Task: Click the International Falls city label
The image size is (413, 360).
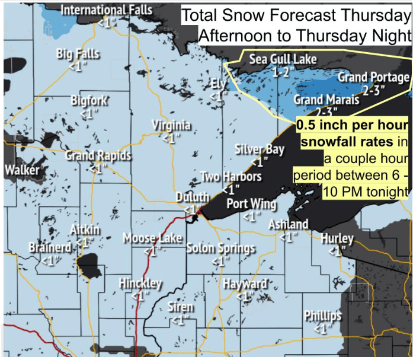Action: click(107, 10)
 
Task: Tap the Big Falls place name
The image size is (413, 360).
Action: click(78, 54)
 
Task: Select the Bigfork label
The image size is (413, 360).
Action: click(89, 100)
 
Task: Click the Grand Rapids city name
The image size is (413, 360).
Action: click(98, 156)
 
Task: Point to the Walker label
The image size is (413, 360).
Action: click(22, 170)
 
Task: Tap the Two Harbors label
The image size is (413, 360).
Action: click(230, 177)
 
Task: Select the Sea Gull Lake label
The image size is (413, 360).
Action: click(283, 59)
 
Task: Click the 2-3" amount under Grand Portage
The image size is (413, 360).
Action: click(374, 90)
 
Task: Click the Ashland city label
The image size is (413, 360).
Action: click(288, 224)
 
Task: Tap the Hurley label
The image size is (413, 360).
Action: click(337, 238)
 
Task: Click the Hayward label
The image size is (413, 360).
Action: click(245, 284)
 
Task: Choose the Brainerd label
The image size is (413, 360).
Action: click(50, 247)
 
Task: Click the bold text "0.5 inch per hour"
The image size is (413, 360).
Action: click(352, 126)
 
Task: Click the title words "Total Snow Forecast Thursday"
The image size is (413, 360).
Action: click(296, 15)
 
